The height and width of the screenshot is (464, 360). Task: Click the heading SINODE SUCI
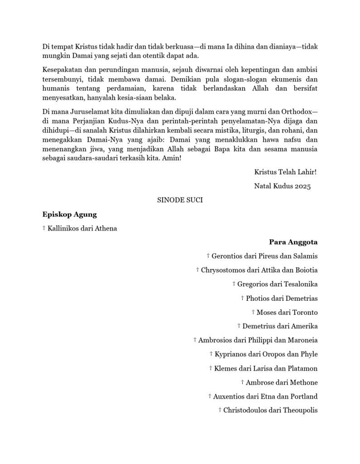pyautogui.click(x=180, y=200)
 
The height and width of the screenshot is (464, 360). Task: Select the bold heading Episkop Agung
pyautogui.click(x=69, y=214)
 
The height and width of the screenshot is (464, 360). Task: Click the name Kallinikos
pyautogui.click(x=63, y=228)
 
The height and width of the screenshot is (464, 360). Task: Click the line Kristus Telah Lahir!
pyautogui.click(x=285, y=172)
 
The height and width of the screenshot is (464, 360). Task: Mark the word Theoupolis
pyautogui.click(x=300, y=411)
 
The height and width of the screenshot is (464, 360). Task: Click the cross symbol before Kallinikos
pyautogui.click(x=44, y=228)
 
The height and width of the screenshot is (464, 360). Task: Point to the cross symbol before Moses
pyautogui.click(x=253, y=312)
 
